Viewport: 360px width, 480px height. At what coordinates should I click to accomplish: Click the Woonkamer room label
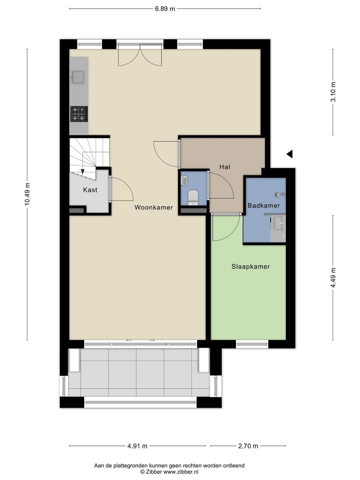tap(153, 207)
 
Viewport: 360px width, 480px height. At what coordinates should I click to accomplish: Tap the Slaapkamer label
tap(250, 267)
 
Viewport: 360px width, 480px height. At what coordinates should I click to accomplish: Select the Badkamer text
tap(264, 206)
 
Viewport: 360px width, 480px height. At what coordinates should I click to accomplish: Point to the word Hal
tap(225, 167)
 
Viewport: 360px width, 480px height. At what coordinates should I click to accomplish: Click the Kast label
tap(90, 190)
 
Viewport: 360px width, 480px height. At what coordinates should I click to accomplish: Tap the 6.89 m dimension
tap(165, 9)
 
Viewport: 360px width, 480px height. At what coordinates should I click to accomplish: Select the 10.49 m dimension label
tap(27, 194)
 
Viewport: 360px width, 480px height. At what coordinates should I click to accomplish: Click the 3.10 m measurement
tap(333, 92)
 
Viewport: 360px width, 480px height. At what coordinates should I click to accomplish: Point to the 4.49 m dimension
tap(333, 278)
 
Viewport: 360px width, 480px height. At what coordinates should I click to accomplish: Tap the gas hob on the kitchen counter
tap(79, 114)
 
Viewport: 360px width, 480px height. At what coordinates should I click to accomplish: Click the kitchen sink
tap(77, 77)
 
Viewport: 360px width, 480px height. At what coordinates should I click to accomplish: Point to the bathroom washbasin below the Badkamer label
tap(279, 223)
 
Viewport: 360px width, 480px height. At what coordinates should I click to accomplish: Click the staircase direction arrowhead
tap(83, 172)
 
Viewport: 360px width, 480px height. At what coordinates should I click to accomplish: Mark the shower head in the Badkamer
tap(278, 194)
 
